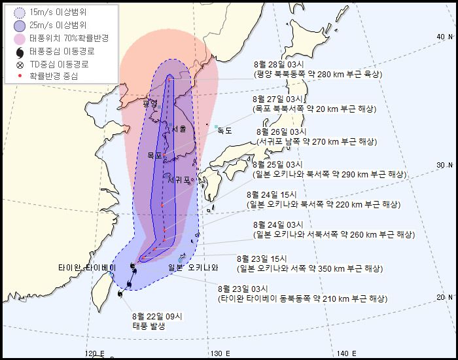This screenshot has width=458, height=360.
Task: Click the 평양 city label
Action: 150,103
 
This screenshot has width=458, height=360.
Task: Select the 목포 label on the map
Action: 154,156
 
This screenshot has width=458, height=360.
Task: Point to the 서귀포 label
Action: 177,179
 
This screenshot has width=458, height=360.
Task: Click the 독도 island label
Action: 224,130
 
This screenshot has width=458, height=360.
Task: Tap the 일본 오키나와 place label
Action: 192,267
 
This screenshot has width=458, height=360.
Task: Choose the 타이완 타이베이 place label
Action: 86,268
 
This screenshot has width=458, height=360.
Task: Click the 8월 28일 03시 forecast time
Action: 278,65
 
